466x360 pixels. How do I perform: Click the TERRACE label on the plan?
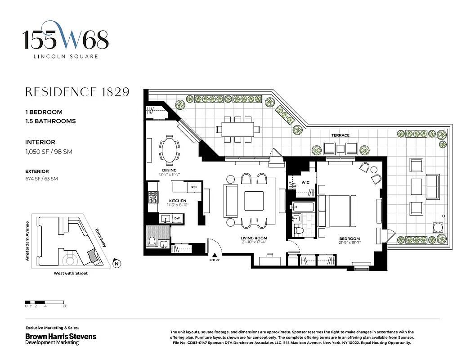tap(340, 135)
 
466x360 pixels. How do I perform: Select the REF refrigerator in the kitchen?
tap(194, 187)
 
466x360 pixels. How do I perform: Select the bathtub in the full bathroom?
tap(302, 207)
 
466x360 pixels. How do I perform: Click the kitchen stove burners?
tap(153, 196)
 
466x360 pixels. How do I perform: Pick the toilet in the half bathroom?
tap(152, 241)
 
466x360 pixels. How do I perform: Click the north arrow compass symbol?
tap(116, 264)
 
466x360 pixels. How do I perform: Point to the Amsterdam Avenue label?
tap(27, 241)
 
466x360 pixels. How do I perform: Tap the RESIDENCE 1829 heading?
tap(77, 92)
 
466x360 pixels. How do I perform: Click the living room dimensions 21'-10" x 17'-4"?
tap(254, 243)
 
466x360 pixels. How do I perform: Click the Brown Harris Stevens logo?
tap(61, 336)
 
